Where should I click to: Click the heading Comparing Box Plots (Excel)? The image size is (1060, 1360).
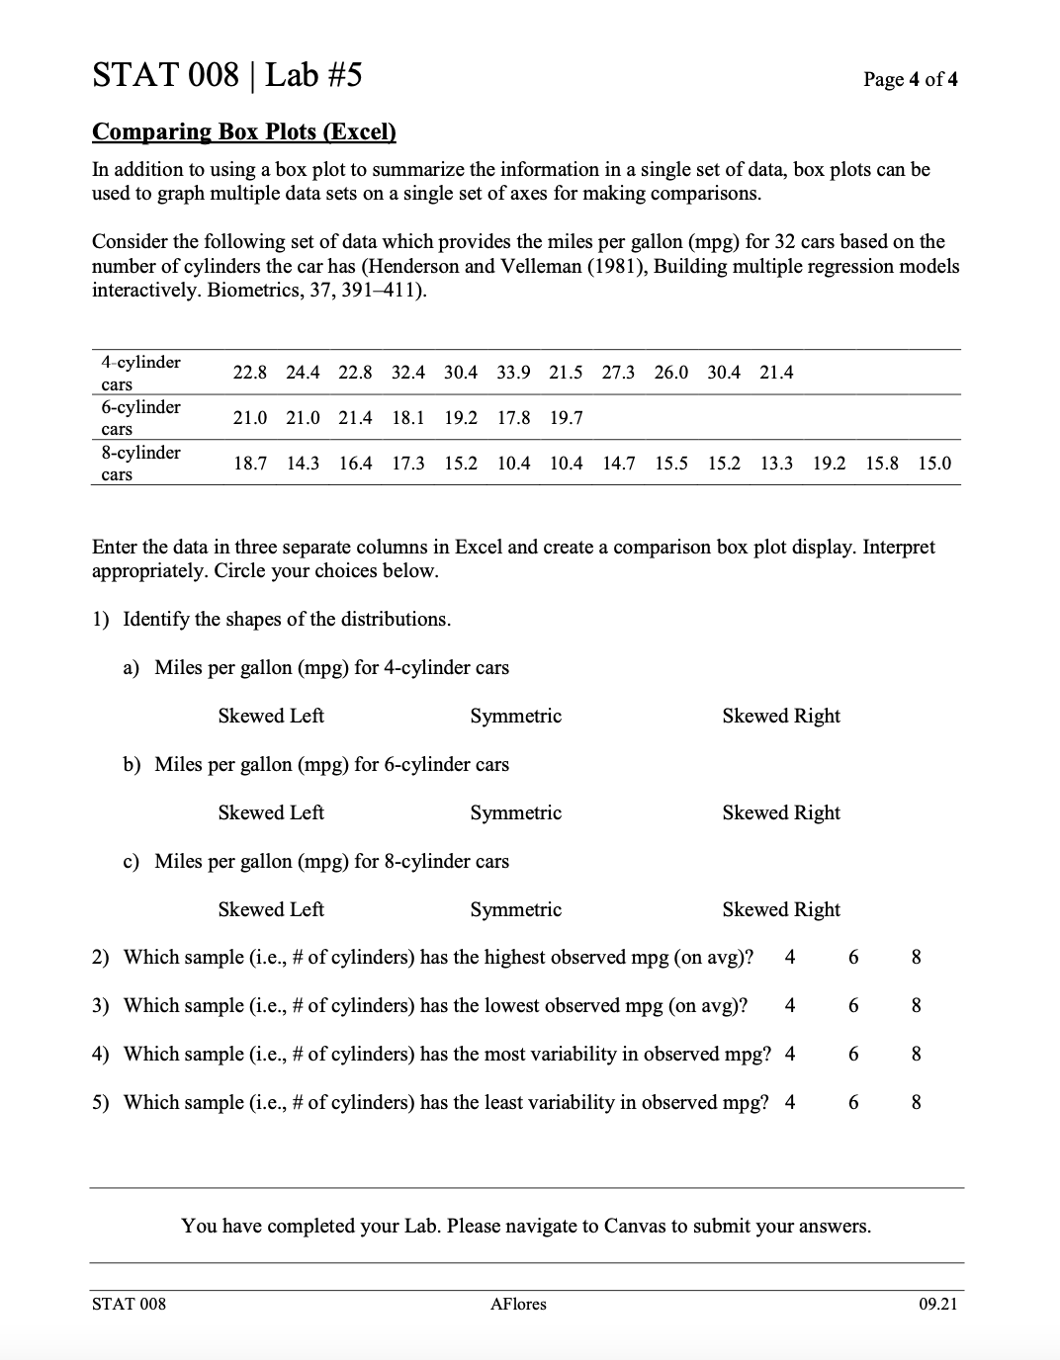pyautogui.click(x=243, y=132)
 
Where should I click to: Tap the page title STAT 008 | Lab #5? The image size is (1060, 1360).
pyautogui.click(x=226, y=74)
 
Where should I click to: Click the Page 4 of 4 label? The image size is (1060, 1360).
pyautogui.click(x=910, y=79)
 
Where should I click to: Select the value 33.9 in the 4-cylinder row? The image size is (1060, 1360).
pyautogui.click(x=513, y=373)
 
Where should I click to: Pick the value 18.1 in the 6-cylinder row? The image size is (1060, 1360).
pyautogui.click(x=408, y=418)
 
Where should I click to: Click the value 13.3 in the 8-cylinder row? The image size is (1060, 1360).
pyautogui.click(x=776, y=464)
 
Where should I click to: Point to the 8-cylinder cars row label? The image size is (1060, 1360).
pyautogui.click(x=140, y=463)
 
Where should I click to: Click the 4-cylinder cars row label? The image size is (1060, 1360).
pyautogui.click(x=140, y=373)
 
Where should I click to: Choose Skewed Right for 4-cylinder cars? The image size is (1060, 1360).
pyautogui.click(x=780, y=716)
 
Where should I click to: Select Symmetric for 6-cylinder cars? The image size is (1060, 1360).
pyautogui.click(x=515, y=812)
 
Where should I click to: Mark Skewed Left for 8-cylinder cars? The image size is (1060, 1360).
pyautogui.click(x=271, y=909)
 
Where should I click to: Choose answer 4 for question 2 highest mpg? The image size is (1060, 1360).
pyautogui.click(x=789, y=957)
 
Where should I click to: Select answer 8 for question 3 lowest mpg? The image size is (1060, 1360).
pyautogui.click(x=916, y=1005)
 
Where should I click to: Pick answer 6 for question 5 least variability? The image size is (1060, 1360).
pyautogui.click(x=852, y=1102)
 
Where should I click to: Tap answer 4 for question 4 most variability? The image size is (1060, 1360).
pyautogui.click(x=789, y=1054)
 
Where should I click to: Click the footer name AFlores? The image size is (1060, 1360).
pyautogui.click(x=518, y=1304)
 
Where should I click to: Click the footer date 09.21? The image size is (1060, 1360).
pyautogui.click(x=936, y=1304)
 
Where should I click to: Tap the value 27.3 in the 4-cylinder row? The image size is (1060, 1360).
pyautogui.click(x=618, y=373)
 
